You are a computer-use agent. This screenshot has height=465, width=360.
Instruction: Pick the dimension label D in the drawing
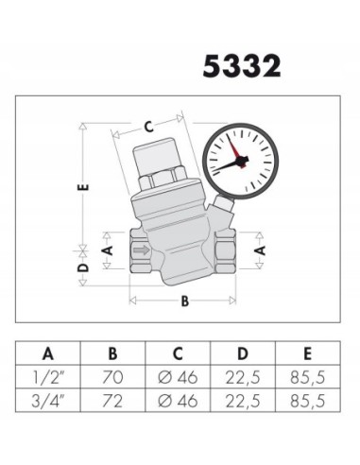pyautogui.click(x=84, y=268)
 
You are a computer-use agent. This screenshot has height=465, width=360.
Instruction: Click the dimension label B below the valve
pyautogui.click(x=185, y=302)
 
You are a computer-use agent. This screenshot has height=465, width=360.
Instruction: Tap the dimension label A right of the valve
pyautogui.click(x=262, y=250)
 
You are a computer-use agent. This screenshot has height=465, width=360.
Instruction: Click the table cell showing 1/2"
pyautogui.click(x=47, y=377)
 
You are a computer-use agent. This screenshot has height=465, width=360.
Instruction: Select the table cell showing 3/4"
pyautogui.click(x=47, y=401)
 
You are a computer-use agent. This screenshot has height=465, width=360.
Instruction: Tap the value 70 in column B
pyautogui.click(x=112, y=377)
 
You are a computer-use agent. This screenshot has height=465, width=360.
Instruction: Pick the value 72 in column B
pyautogui.click(x=112, y=401)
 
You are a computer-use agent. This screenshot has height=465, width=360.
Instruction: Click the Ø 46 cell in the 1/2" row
pyautogui.click(x=177, y=377)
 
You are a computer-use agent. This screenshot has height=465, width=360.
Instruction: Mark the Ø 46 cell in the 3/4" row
pyautogui.click(x=177, y=401)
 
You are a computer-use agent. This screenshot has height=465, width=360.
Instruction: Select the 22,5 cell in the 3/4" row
pyautogui.click(x=241, y=401)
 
